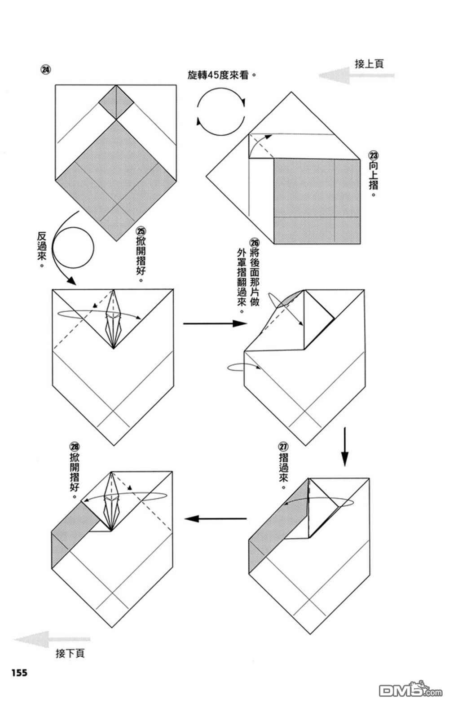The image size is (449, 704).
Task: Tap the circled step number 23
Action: tap(374, 155)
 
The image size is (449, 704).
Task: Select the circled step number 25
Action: tap(141, 232)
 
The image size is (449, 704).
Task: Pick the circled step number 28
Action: tap(75, 447)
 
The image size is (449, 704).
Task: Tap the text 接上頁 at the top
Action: tap(369, 64)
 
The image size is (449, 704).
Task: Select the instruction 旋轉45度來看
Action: tap(222, 75)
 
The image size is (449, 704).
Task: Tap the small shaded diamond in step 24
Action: tap(116, 102)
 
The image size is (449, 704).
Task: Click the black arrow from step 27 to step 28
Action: tap(216, 518)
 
